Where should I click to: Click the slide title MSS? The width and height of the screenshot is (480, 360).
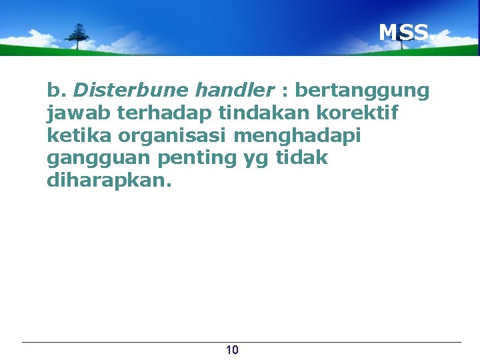(404, 32)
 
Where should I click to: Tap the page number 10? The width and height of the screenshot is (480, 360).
(233, 350)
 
